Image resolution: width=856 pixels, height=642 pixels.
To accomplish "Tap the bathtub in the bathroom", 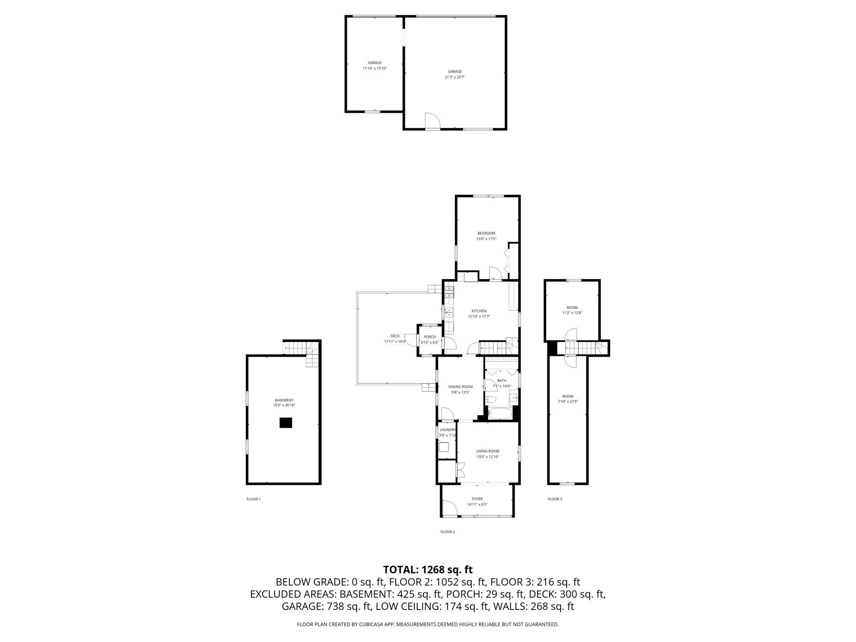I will (x=500, y=413).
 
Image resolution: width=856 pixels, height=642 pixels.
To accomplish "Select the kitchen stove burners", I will (x=449, y=291).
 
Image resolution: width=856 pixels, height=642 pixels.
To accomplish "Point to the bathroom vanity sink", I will (x=513, y=398).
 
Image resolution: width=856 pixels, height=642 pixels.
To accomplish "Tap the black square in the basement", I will (x=286, y=423).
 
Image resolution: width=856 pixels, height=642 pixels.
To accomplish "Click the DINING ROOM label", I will (x=460, y=386).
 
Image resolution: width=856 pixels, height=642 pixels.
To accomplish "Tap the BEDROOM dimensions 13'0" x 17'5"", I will (x=486, y=239).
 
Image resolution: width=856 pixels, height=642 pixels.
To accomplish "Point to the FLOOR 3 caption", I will (x=554, y=499).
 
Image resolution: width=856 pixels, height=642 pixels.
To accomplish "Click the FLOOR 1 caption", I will (x=254, y=499).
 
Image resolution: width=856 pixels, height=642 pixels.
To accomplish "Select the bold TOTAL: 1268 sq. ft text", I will (x=428, y=570).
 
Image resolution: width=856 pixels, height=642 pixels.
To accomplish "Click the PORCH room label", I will (x=430, y=337).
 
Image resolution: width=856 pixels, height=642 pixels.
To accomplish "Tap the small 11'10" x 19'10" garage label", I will (x=374, y=68).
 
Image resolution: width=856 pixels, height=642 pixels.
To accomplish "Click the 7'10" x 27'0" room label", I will (x=568, y=402).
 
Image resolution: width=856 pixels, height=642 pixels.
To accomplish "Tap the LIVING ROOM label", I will (x=488, y=451).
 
